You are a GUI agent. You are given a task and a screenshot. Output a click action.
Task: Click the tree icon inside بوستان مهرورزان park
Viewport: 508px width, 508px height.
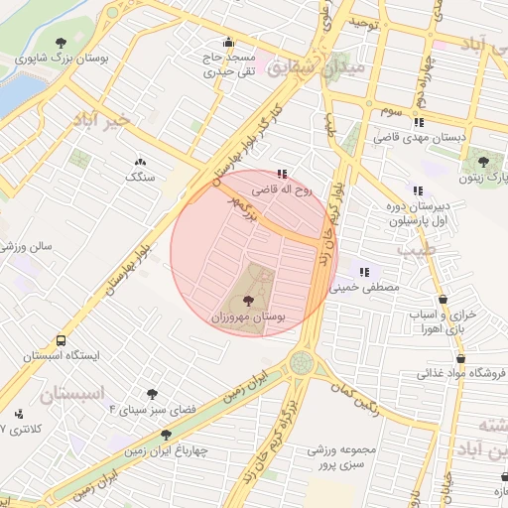pos(247,298)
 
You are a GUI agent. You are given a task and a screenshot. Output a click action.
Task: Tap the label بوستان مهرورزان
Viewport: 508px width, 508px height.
pos(247,317)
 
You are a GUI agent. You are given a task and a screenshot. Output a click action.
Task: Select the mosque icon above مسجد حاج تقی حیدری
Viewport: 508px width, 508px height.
pos(229,43)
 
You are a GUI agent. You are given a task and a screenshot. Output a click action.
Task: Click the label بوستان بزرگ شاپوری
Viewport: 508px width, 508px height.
pos(62,58)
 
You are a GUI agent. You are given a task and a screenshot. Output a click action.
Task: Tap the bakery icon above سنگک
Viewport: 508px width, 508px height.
pos(139,161)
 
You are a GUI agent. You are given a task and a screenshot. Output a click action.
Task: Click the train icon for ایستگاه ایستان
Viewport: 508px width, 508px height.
pos(35,337)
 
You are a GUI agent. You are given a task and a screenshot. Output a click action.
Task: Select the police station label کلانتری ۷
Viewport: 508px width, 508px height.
pos(21,430)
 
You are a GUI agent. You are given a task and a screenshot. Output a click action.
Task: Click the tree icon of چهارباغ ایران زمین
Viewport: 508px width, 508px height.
pos(167,435)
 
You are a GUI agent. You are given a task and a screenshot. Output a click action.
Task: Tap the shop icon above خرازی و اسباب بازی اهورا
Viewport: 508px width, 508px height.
pos(443,298)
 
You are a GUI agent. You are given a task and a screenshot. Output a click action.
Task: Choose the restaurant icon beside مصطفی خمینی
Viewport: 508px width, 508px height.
pos(364,271)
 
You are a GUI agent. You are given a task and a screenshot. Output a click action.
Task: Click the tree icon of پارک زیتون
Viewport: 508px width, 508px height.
pos(483,160)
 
